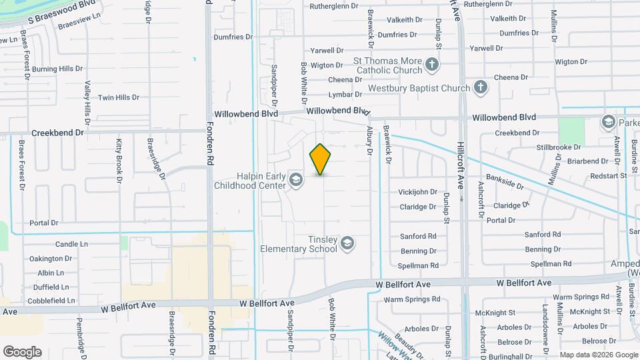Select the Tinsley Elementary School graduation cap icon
point(347,244)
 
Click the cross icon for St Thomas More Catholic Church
point(432,65)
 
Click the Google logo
point(22,351)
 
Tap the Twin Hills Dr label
point(119,97)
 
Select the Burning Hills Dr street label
point(57,69)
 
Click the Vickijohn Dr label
point(418,192)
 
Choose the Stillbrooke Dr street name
point(558,147)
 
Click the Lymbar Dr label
point(345,95)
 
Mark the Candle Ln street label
point(71,245)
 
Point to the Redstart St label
point(605,175)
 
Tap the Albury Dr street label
point(369,141)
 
